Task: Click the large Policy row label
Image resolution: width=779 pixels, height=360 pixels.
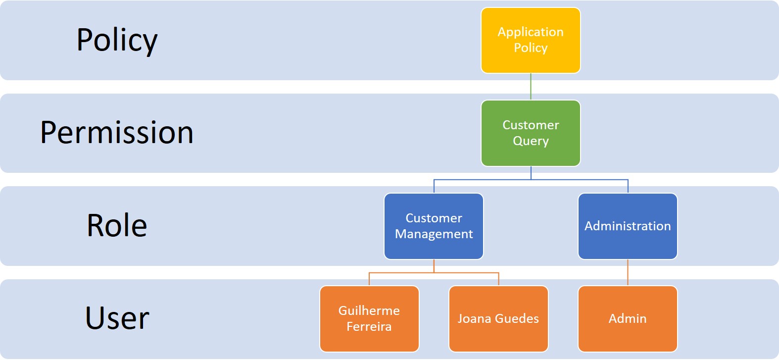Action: pyautogui.click(x=117, y=40)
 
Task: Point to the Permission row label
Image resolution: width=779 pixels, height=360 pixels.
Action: pyautogui.click(x=117, y=133)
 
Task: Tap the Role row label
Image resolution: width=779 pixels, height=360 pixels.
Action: pyautogui.click(x=117, y=226)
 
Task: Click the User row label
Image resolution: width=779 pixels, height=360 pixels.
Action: pyautogui.click(x=117, y=318)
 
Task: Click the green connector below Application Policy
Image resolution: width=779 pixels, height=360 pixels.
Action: pyautogui.click(x=531, y=87)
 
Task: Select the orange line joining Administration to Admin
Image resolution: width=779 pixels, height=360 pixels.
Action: pyautogui.click(x=628, y=272)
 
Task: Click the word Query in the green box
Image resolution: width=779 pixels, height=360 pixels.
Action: pyautogui.click(x=531, y=141)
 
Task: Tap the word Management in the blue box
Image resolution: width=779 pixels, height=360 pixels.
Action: pyautogui.click(x=434, y=234)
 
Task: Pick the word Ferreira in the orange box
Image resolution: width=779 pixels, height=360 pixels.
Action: pyautogui.click(x=369, y=327)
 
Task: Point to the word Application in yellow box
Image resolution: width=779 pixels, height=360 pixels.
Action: pyautogui.click(x=531, y=32)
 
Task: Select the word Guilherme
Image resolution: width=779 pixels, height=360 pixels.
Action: pyautogui.click(x=369, y=310)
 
